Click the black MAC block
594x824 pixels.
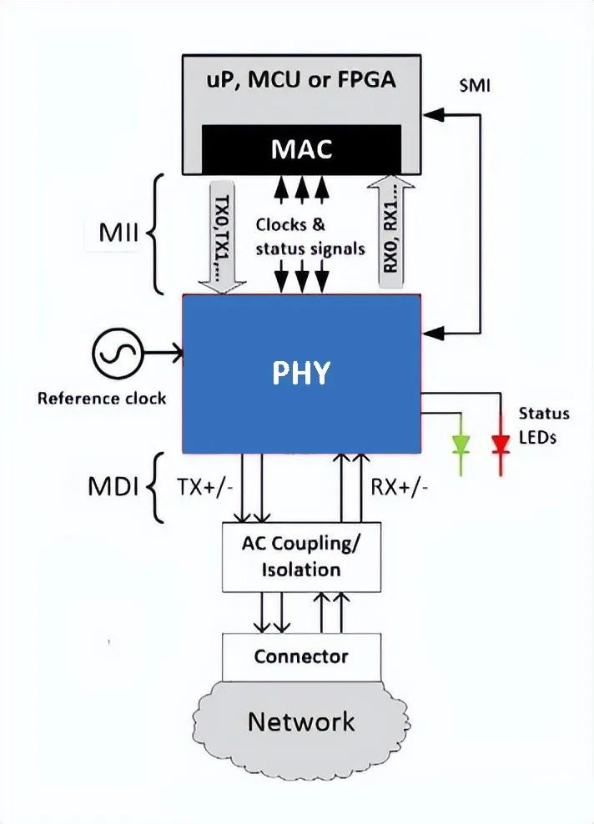(x=302, y=149)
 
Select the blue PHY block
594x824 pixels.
(x=301, y=373)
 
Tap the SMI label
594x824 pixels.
(x=475, y=85)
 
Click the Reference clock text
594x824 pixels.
(x=102, y=398)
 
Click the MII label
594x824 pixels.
(x=119, y=233)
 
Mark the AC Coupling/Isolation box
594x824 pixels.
(x=302, y=556)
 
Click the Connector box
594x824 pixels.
(x=301, y=656)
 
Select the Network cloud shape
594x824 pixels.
(x=300, y=721)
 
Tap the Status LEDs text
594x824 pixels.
(x=544, y=425)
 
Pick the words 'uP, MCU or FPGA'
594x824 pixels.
(x=301, y=82)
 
